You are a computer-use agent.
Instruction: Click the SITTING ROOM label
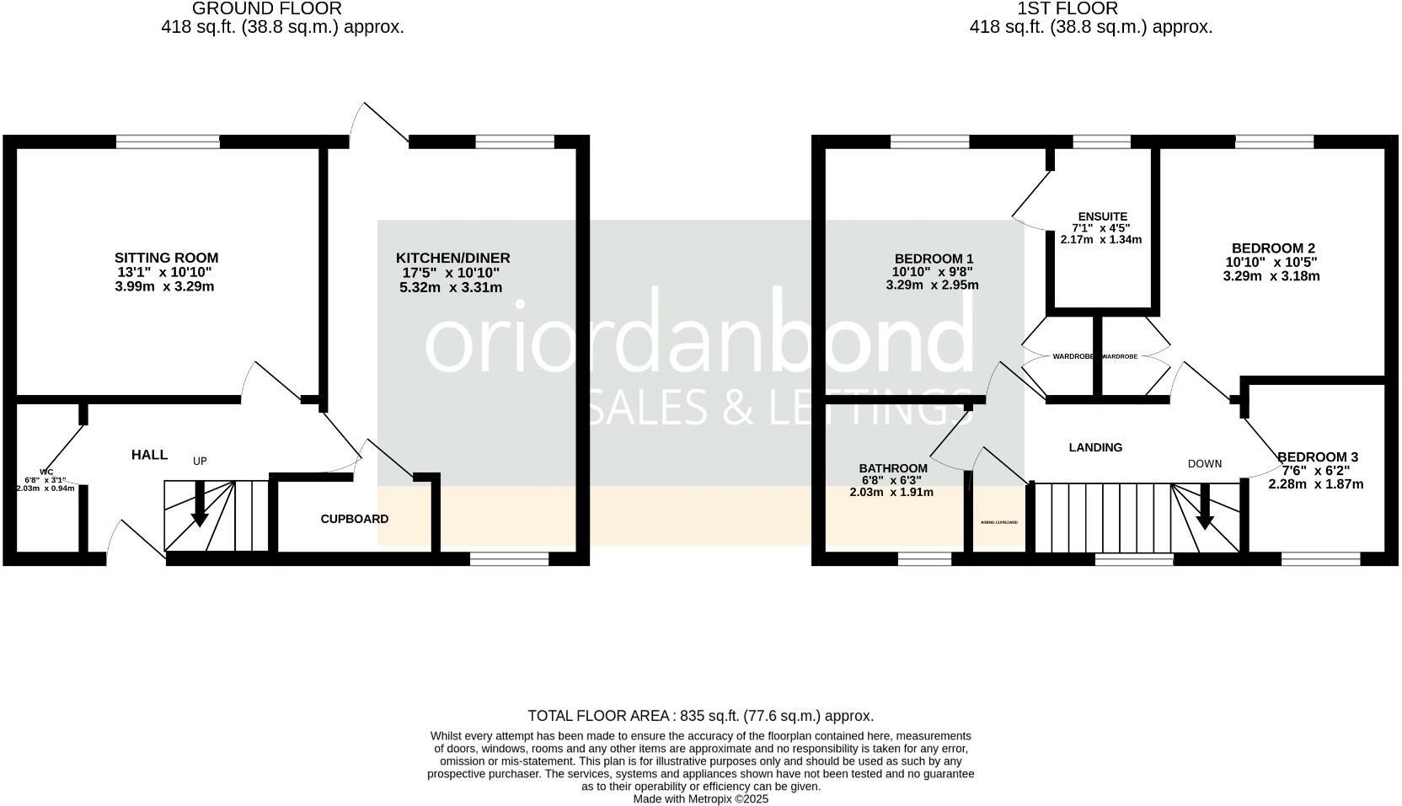click(x=166, y=258)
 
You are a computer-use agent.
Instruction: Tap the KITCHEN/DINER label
click(x=452, y=258)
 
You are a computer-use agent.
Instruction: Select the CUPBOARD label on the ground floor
click(x=354, y=519)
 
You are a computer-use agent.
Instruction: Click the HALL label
click(x=149, y=455)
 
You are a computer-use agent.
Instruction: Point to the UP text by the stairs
click(x=200, y=461)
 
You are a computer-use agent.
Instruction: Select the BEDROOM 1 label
click(x=934, y=258)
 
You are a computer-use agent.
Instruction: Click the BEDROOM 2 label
click(x=1273, y=248)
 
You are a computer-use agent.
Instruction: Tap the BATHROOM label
click(x=893, y=468)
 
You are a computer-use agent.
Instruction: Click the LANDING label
click(x=1095, y=447)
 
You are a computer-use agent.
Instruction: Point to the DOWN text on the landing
click(x=1204, y=463)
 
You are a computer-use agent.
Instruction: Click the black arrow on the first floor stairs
click(x=1205, y=512)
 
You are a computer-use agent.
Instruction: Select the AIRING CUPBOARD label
click(x=998, y=522)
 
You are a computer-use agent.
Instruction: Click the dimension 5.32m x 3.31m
click(x=451, y=287)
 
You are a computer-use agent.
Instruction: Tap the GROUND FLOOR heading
click(x=267, y=9)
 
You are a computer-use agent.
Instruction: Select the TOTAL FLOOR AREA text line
click(x=700, y=716)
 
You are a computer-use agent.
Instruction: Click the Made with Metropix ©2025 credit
click(x=700, y=799)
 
